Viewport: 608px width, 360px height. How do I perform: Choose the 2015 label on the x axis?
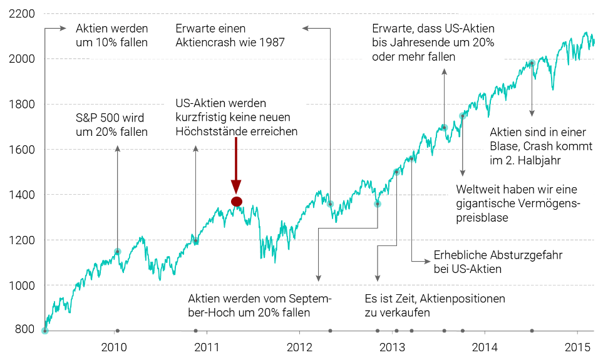576,347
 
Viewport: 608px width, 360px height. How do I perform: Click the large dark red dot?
236,201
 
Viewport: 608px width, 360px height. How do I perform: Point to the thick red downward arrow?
236,163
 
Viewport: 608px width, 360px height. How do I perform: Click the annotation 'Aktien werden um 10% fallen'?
111,36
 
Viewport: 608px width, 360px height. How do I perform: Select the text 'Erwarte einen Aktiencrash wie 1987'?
230,36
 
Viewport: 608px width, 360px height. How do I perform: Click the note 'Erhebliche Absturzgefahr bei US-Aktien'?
498,262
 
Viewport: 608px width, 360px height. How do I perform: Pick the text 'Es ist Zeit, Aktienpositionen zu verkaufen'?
434,306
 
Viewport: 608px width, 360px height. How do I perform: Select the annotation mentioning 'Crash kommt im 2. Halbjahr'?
537,146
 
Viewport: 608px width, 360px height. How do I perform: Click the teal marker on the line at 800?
44,331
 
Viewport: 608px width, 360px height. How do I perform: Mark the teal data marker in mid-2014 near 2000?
532,63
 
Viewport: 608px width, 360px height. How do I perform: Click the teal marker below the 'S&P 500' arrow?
117,252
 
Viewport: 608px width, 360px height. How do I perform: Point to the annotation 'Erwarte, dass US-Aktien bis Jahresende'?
433,43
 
